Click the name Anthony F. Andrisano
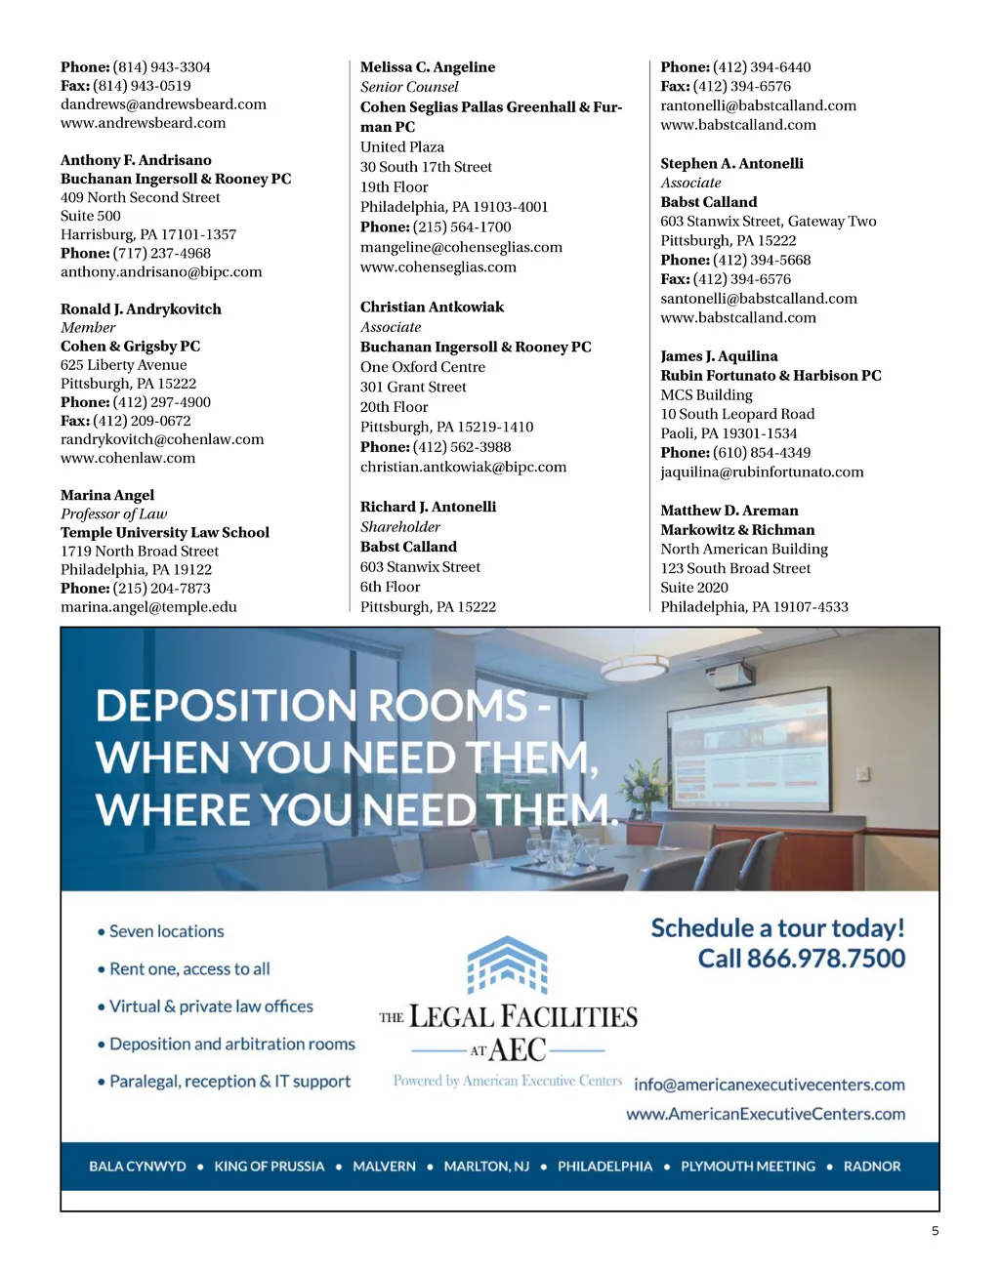tap(136, 160)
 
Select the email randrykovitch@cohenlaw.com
tap(162, 439)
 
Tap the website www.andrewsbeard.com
tap(143, 123)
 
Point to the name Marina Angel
tap(107, 495)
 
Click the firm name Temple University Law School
tap(165, 532)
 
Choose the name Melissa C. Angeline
tap(428, 67)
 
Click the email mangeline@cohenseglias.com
tap(461, 247)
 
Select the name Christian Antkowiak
tap(432, 307)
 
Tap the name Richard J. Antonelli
tap(428, 507)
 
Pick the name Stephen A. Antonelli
tap(731, 163)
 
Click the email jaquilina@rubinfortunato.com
tap(762, 472)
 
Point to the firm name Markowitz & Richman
tap(737, 529)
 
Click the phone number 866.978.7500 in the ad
tap(826, 959)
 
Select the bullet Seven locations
tap(166, 931)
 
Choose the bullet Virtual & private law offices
tap(211, 1006)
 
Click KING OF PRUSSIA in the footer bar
tap(270, 1167)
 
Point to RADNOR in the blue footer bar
tap(872, 1167)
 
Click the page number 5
tap(935, 1231)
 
